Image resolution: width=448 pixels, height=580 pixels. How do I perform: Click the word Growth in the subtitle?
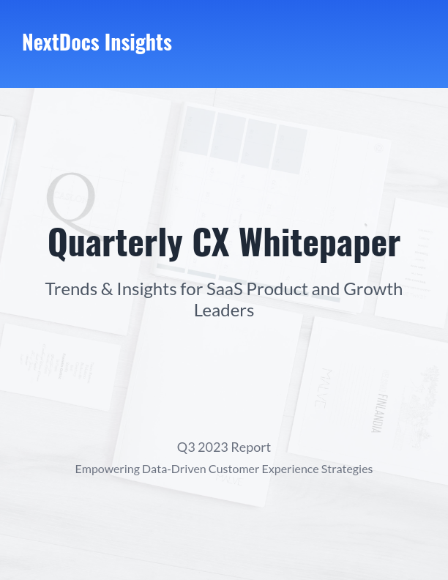pos(373,289)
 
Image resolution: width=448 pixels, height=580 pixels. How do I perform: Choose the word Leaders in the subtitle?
pos(224,311)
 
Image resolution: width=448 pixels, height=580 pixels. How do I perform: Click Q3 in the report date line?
pos(186,447)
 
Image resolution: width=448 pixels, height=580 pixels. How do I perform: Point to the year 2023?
pos(213,447)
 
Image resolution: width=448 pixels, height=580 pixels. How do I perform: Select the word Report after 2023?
pos(251,447)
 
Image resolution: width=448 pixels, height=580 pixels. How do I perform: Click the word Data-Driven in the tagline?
pos(173,469)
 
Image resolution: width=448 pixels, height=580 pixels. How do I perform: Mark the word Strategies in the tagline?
pos(346,469)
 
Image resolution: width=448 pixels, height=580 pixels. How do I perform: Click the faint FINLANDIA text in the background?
pos(378,412)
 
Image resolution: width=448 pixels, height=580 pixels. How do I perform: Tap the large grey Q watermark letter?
pos(72,199)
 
